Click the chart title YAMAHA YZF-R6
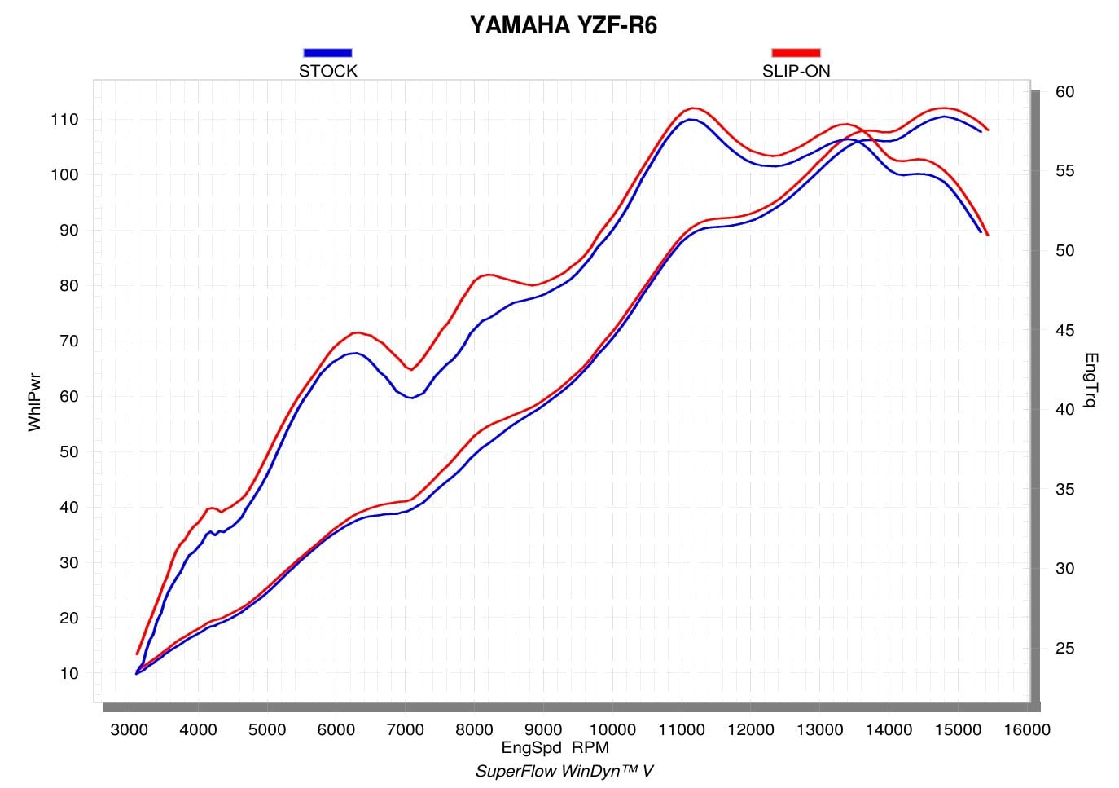[563, 25]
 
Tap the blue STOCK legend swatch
[327, 52]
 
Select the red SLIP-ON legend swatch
[796, 52]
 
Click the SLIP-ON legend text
[796, 71]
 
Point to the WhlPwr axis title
[34, 402]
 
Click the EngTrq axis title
[1091, 380]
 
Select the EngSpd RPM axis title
[555, 747]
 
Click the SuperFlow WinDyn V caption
[564, 771]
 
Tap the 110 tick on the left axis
[64, 120]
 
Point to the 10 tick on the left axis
[69, 673]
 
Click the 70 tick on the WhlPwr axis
[69, 341]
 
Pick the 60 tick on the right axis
[1065, 91]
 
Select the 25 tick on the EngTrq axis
[1065, 649]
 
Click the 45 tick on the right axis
[1065, 330]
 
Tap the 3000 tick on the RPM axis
[129, 729]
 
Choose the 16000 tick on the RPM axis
[1027, 729]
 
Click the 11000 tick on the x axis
[682, 729]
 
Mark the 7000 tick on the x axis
[405, 729]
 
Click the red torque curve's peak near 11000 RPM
[693, 108]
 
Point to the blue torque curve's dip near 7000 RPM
[410, 398]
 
